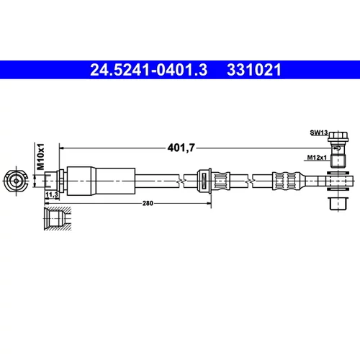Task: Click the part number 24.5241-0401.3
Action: (x=148, y=70)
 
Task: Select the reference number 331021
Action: (x=254, y=70)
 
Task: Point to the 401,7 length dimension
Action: (x=181, y=148)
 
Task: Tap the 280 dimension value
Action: (x=148, y=203)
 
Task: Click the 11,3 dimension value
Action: (x=52, y=194)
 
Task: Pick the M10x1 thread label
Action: (x=41, y=156)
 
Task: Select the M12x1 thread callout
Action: (x=317, y=158)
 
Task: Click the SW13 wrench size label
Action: (x=319, y=132)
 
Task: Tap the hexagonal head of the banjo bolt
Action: (x=338, y=136)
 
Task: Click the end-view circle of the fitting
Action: (x=16, y=181)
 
